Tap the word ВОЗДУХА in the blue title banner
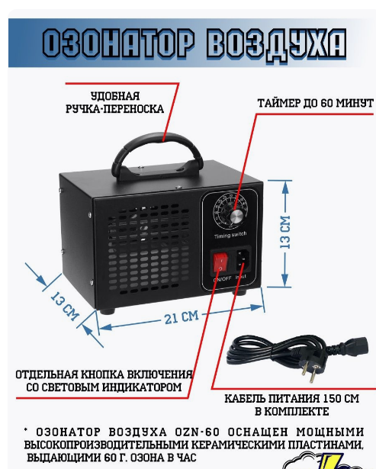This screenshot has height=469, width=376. (x=277, y=45)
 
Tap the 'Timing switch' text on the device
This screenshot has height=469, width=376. (x=230, y=235)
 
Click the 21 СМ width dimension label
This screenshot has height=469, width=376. (x=182, y=317)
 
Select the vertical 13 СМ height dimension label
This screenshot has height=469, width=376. (x=285, y=232)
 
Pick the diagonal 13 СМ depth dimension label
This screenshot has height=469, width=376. (x=65, y=306)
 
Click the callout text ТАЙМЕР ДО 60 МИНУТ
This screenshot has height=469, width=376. (x=316, y=103)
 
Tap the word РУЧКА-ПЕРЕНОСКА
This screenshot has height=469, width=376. (x=115, y=109)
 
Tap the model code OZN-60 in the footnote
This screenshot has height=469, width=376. (x=198, y=432)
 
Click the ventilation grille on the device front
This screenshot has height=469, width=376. (x=149, y=249)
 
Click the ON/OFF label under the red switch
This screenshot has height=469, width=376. (x=222, y=279)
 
